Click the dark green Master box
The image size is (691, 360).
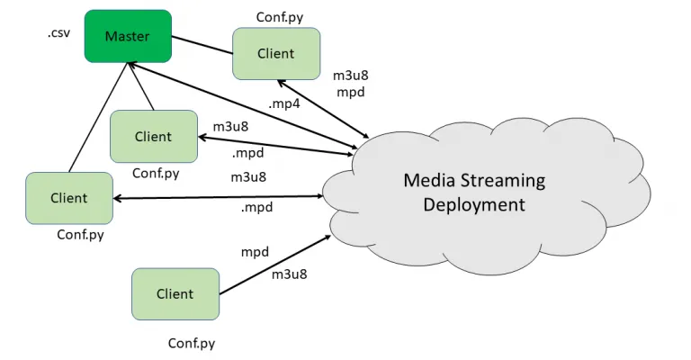(x=128, y=36)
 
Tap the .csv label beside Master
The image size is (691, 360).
(x=58, y=33)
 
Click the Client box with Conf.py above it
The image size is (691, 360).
(x=275, y=53)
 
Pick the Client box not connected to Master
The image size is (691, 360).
(x=175, y=293)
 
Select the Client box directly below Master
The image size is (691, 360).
(x=153, y=137)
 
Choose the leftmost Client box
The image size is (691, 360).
(x=69, y=198)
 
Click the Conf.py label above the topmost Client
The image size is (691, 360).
(x=279, y=16)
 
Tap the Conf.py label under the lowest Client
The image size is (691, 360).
(x=192, y=343)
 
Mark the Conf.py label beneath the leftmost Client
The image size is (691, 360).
(x=82, y=234)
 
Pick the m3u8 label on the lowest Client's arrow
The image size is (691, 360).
(x=289, y=274)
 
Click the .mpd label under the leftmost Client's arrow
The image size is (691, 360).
(x=256, y=207)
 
